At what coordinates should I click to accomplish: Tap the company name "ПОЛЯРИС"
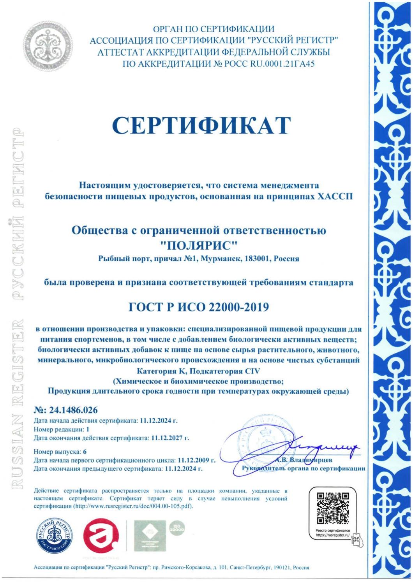click(x=199, y=246)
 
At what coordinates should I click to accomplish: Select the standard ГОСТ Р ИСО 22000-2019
click(x=199, y=307)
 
